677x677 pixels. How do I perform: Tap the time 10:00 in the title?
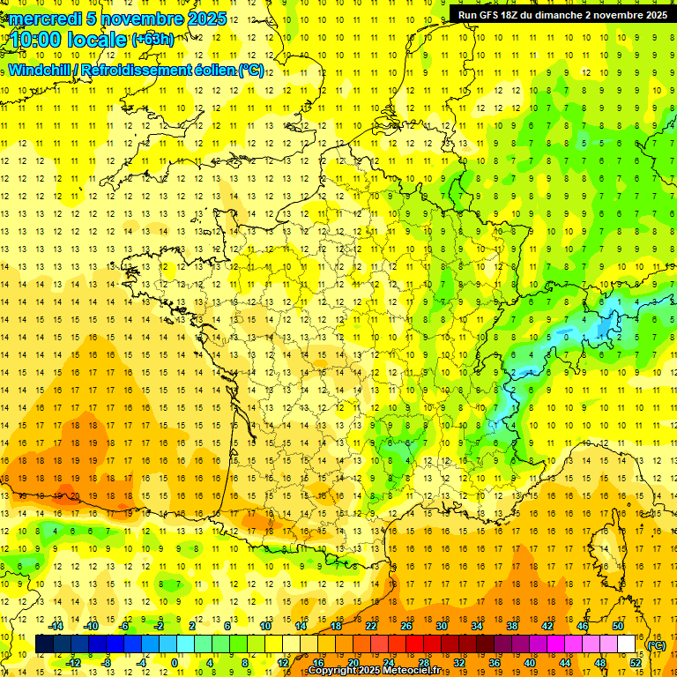pos(38,39)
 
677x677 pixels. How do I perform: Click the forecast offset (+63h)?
pos(153,39)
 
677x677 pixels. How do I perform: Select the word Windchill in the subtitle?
pos(41,70)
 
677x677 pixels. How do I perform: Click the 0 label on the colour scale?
pos(174,663)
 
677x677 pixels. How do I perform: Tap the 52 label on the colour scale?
pos(635,663)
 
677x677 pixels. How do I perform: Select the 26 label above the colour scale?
pos(406,626)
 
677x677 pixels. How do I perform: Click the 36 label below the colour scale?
pos(494,663)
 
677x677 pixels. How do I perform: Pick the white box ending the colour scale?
pos(627,644)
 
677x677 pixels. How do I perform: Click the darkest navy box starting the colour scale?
pos(44,644)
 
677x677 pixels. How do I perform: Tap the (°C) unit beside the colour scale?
pos(656,645)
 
